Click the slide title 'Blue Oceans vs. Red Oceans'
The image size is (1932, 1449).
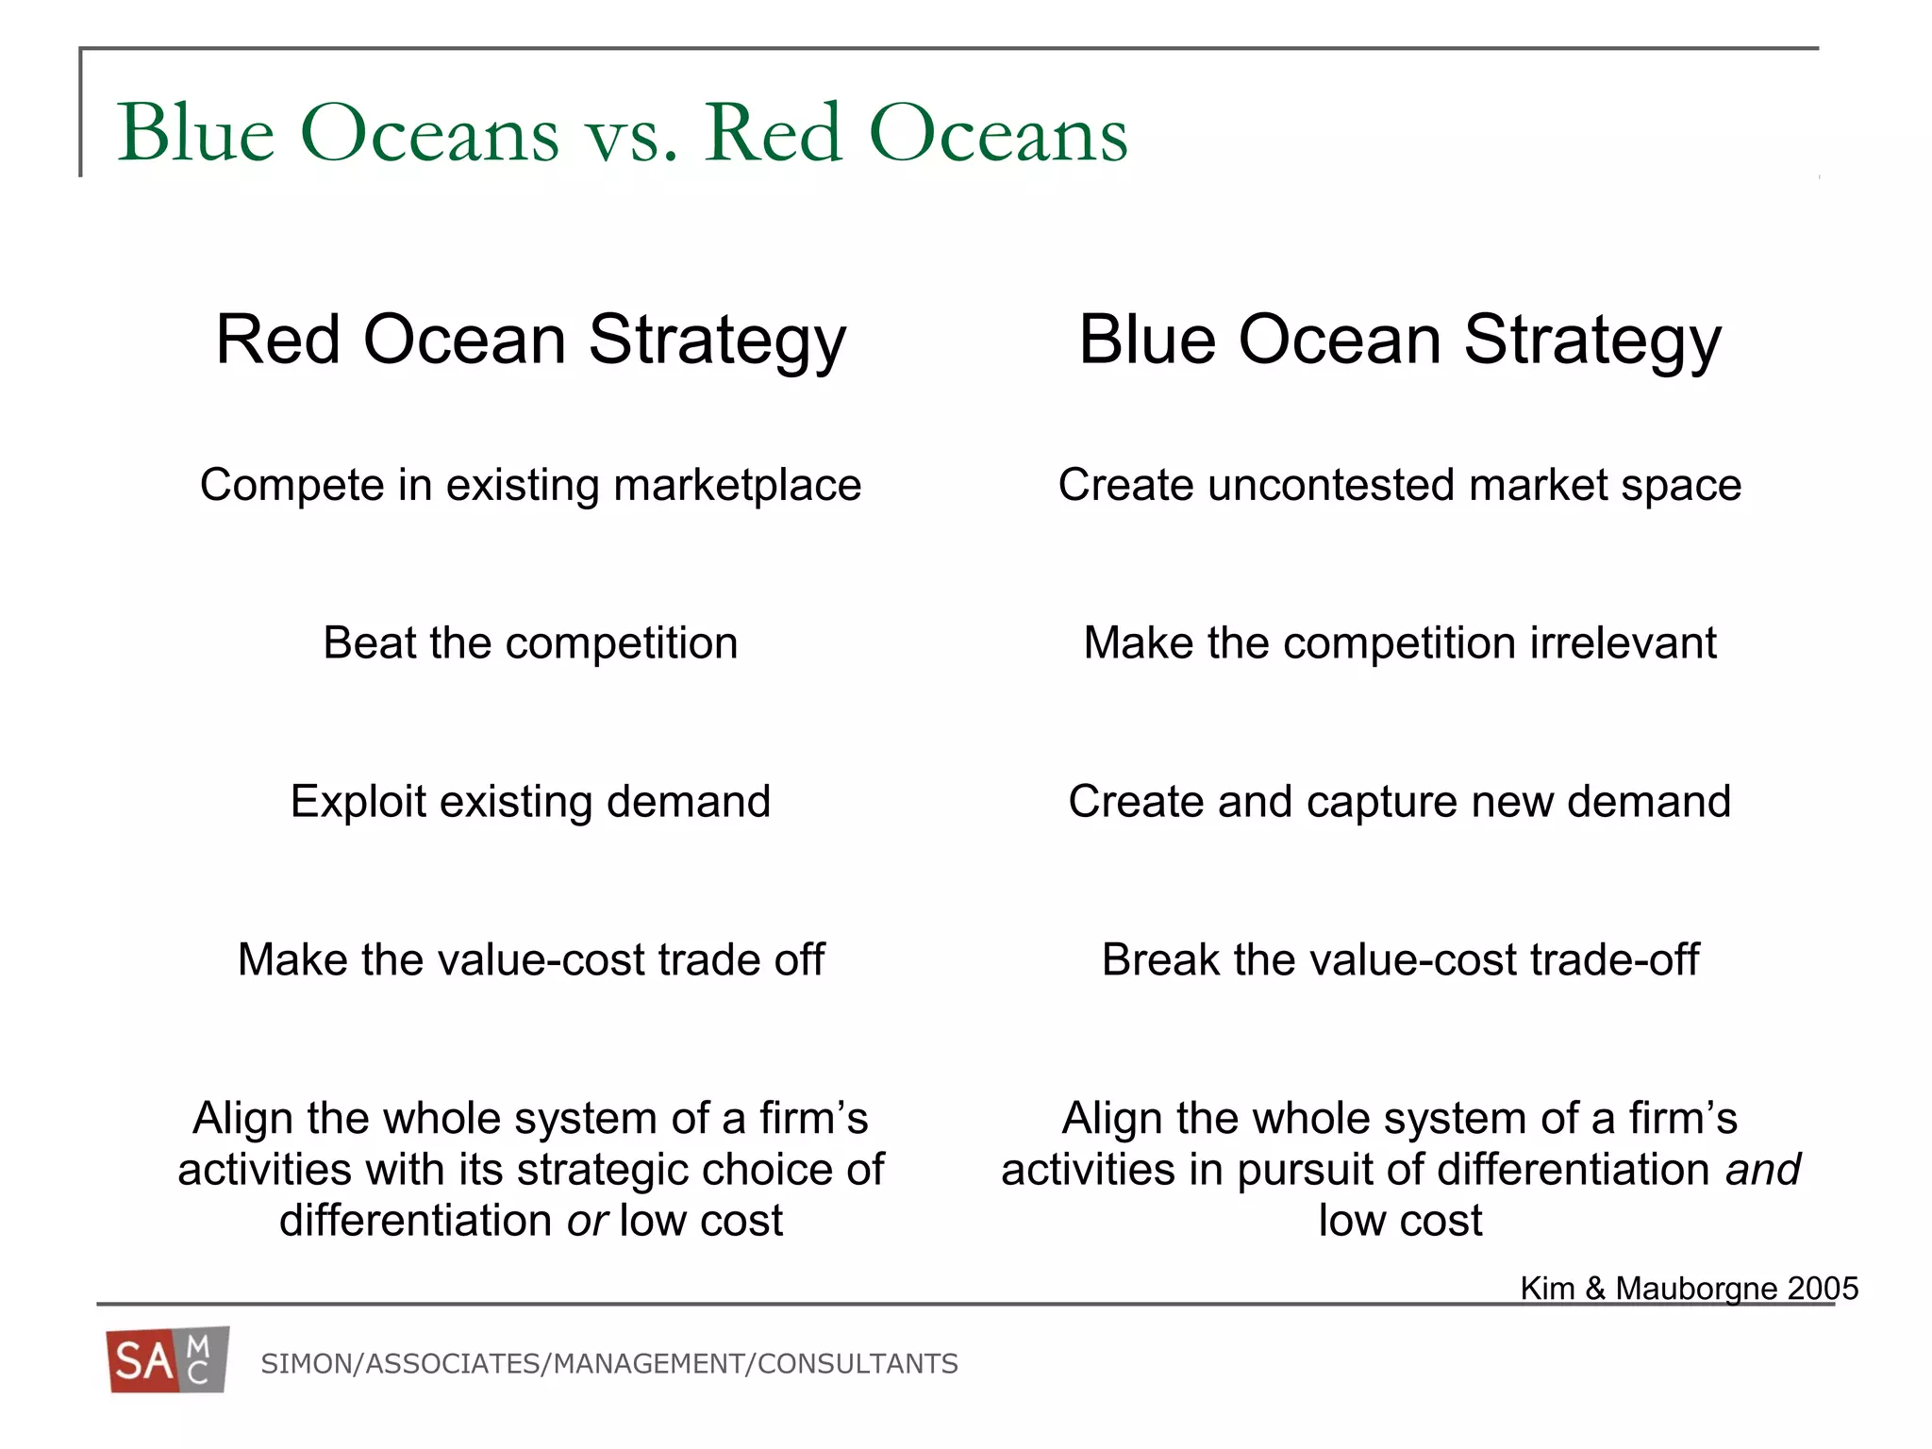(622, 134)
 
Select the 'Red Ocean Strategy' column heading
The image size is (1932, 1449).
(531, 340)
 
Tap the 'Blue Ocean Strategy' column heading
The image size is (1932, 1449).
(1400, 340)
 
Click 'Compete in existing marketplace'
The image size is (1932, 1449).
(530, 486)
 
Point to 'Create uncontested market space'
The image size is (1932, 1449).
(1399, 486)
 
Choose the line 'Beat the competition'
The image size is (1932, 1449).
(530, 643)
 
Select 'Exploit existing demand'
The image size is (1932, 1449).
(530, 802)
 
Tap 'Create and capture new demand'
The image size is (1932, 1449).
(1399, 802)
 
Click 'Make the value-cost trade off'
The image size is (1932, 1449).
(530, 960)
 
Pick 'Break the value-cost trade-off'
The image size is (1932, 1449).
(1400, 960)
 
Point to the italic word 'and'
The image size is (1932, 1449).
(1762, 1171)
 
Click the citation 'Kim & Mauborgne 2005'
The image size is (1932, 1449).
(1689, 1289)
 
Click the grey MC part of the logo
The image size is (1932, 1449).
(201, 1360)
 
